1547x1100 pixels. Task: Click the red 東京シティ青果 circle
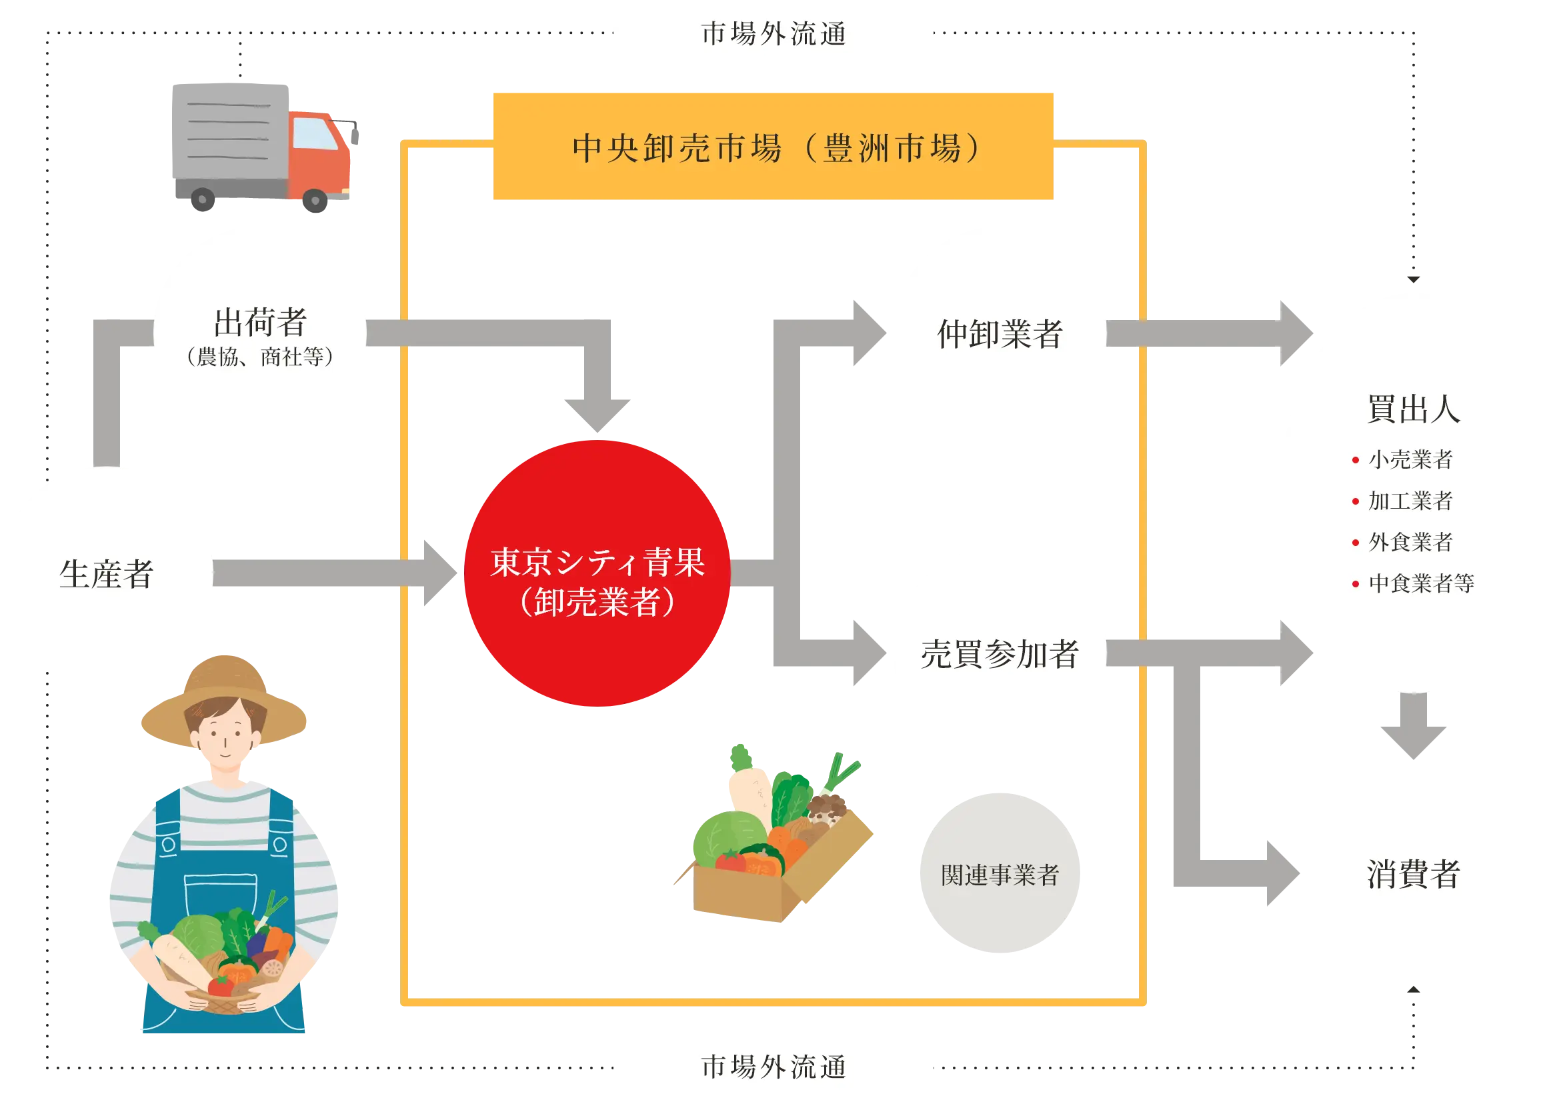tap(597, 575)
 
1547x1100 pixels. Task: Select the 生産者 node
tap(107, 575)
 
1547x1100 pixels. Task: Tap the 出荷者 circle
tap(260, 333)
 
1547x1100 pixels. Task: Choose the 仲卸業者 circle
tap(999, 333)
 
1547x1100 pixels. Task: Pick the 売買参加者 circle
tap(999, 653)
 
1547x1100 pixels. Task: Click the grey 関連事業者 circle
tap(999, 874)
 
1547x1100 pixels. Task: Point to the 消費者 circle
tap(1413, 874)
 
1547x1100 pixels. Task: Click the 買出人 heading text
tap(1413, 409)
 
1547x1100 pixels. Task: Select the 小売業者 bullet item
tap(1410, 460)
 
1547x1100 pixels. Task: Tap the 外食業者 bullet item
tap(1410, 542)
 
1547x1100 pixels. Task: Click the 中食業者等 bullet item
tap(1420, 583)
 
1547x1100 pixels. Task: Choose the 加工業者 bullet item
tap(1410, 501)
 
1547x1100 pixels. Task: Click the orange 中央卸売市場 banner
tap(773, 147)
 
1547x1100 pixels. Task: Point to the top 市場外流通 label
tap(773, 34)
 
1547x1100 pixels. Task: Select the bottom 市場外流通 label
tap(773, 1066)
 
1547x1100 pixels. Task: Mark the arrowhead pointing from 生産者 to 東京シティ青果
tap(439, 573)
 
